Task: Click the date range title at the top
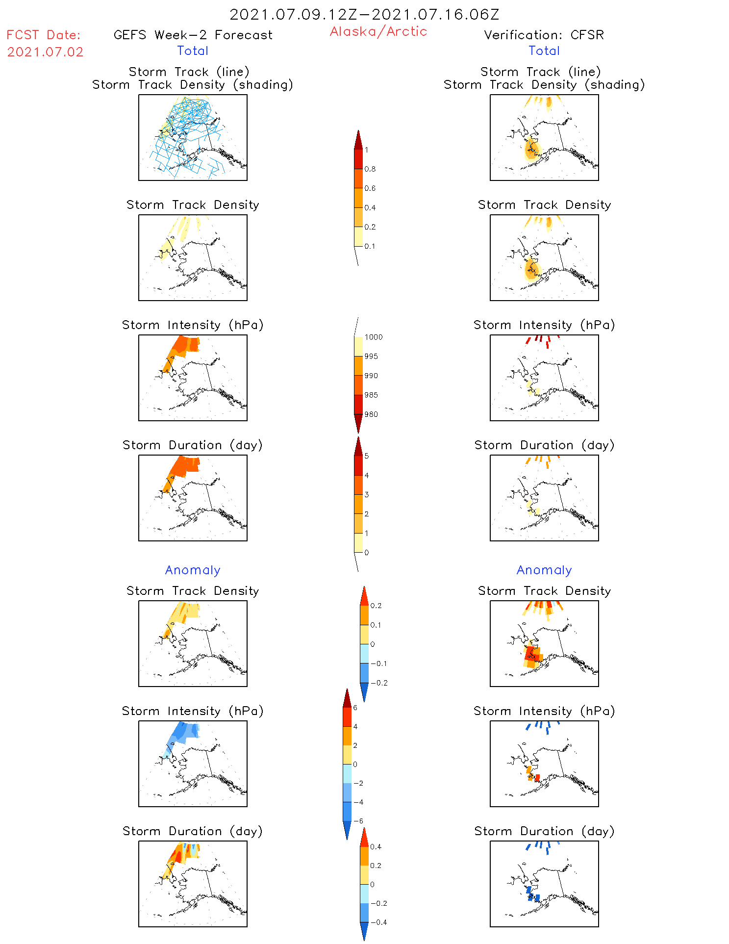tap(364, 14)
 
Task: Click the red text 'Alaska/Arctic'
tap(378, 31)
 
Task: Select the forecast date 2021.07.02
tap(45, 52)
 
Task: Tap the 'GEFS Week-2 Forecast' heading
tap(193, 35)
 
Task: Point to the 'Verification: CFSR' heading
tap(544, 35)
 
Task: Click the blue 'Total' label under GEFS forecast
tap(193, 51)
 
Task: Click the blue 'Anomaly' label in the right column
tap(544, 570)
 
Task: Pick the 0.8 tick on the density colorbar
tap(370, 169)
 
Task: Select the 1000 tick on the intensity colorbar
tap(373, 337)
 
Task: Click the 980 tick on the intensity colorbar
tap(371, 414)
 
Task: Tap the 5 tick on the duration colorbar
tap(367, 456)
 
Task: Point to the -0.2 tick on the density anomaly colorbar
tap(379, 683)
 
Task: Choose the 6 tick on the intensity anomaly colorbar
tap(355, 708)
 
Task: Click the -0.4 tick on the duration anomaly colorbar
tap(378, 922)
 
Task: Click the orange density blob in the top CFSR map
tap(531, 149)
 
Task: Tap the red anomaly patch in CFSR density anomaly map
tap(530, 653)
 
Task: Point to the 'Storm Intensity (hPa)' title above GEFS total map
tap(193, 325)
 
